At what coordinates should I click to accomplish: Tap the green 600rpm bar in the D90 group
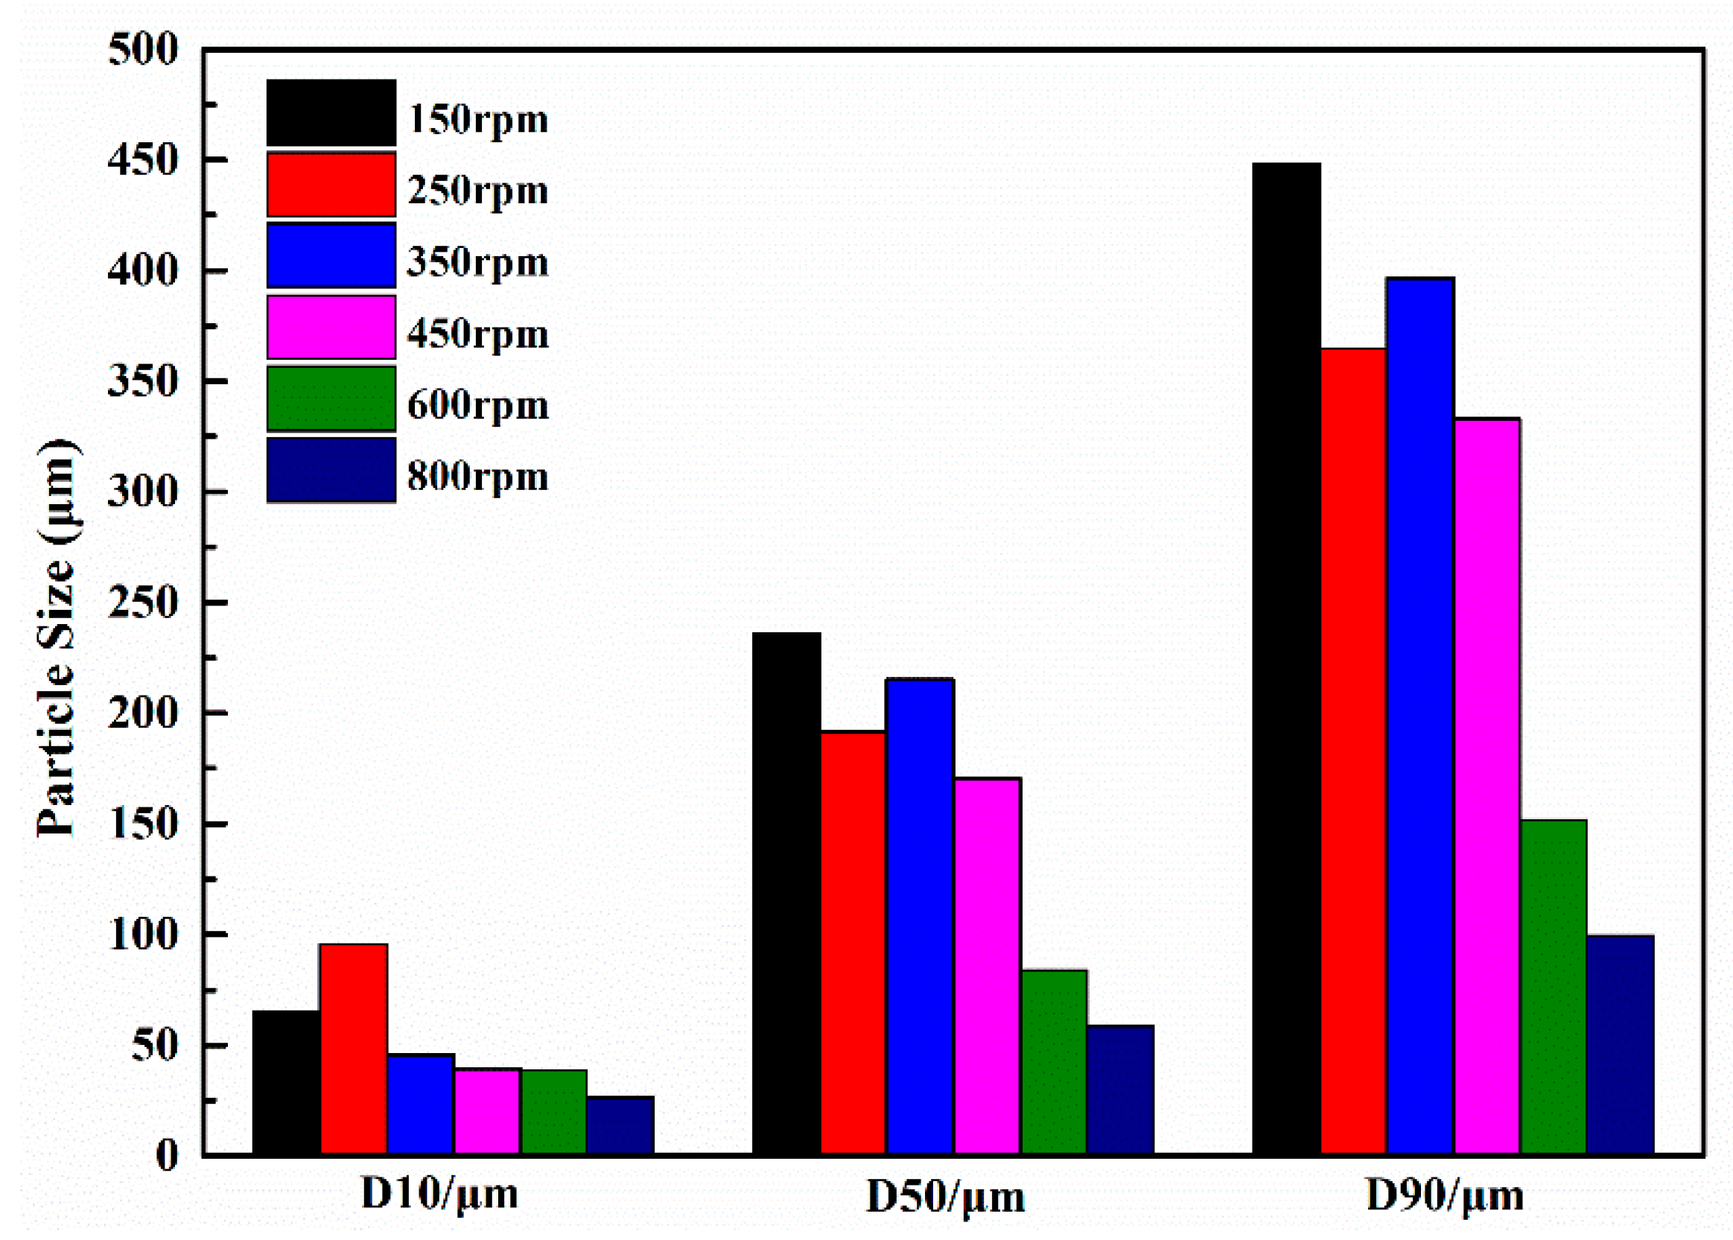click(1553, 986)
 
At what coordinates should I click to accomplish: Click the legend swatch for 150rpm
click(331, 112)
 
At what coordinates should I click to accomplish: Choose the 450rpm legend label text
click(478, 334)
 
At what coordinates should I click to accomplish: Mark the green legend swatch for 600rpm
click(331, 398)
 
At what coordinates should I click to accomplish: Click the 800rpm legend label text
click(478, 477)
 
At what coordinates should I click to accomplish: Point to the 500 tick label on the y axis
click(143, 51)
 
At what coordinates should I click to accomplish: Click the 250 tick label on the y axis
click(143, 603)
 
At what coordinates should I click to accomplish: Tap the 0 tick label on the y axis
click(166, 1155)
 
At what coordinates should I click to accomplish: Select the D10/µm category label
click(439, 1194)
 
